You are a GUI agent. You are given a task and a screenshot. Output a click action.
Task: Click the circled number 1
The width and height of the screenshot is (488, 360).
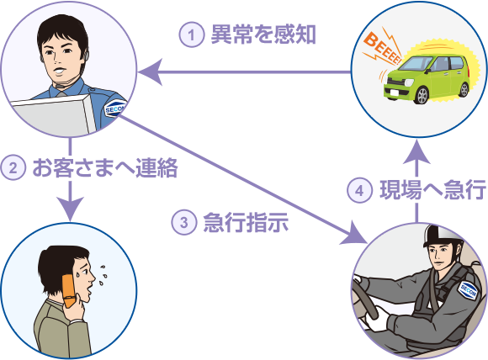pos(191,34)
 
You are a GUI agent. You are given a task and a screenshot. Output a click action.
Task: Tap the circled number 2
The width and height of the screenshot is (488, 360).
pos(13,168)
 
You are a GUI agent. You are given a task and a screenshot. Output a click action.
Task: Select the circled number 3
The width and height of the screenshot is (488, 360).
pos(184,222)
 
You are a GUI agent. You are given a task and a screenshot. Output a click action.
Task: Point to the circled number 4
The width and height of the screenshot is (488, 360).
pos(359,190)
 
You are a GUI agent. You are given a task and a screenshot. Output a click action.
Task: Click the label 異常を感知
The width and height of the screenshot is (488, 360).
pos(263,34)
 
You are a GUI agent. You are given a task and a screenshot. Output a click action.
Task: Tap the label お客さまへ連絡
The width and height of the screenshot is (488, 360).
pos(105,168)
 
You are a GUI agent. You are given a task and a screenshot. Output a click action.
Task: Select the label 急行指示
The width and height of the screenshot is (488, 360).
pos(246,222)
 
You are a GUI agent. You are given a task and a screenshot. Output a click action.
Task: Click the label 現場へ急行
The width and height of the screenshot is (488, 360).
pos(432,190)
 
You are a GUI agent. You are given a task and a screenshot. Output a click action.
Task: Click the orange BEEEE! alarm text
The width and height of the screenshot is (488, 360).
pos(382,48)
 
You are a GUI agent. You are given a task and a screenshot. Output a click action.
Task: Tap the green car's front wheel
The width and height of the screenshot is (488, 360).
pos(422,95)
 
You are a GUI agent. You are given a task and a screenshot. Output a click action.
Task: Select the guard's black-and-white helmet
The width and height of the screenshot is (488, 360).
pos(442,236)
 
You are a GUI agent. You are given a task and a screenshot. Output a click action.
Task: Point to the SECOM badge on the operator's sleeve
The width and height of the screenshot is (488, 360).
pos(115,108)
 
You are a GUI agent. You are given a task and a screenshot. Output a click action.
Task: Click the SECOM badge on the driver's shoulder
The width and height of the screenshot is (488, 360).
pos(468,291)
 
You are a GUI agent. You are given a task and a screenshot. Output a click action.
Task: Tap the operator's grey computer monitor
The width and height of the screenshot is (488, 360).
pos(53,115)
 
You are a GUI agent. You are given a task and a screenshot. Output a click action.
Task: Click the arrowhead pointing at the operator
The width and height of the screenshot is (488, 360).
pos(150,72)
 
